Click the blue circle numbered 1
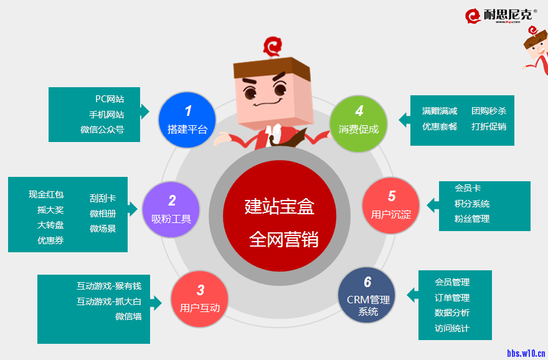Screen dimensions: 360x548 187,120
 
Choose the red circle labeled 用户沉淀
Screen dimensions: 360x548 391,205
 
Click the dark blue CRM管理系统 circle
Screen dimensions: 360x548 367,296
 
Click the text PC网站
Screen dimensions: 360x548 110,99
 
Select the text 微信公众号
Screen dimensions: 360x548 102,130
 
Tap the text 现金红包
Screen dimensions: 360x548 46,195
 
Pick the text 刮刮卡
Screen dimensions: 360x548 103,199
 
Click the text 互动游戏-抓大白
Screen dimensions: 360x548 109,301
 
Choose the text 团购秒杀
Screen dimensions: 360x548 489,111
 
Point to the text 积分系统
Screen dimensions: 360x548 472,204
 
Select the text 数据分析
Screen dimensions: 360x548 452,313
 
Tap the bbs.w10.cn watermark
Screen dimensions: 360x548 526,353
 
